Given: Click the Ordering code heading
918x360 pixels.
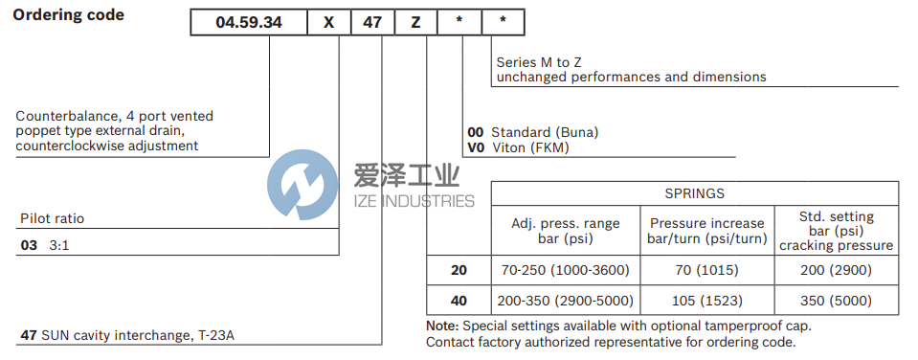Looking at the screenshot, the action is (68, 15).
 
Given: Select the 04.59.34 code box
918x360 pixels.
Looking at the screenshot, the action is (249, 21).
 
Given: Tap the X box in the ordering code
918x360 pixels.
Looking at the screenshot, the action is (328, 21).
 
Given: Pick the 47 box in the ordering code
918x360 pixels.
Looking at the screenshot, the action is (371, 21).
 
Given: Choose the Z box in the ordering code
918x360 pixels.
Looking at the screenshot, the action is (415, 21).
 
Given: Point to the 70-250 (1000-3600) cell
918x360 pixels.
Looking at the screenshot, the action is (565, 270).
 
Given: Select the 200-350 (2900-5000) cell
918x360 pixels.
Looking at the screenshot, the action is (565, 301).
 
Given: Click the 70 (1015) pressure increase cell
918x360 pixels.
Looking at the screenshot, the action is (705, 270).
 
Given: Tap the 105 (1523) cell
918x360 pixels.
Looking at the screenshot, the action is (705, 301).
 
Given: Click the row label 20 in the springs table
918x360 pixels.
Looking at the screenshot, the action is (459, 270).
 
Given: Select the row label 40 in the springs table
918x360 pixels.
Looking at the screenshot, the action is (459, 301).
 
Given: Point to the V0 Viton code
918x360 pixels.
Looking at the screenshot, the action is (475, 147).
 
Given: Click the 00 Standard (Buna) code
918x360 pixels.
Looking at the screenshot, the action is (476, 132).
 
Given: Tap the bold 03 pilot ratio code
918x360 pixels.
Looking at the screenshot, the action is (29, 245).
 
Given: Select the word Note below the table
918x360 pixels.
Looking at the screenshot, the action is (442, 326).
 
